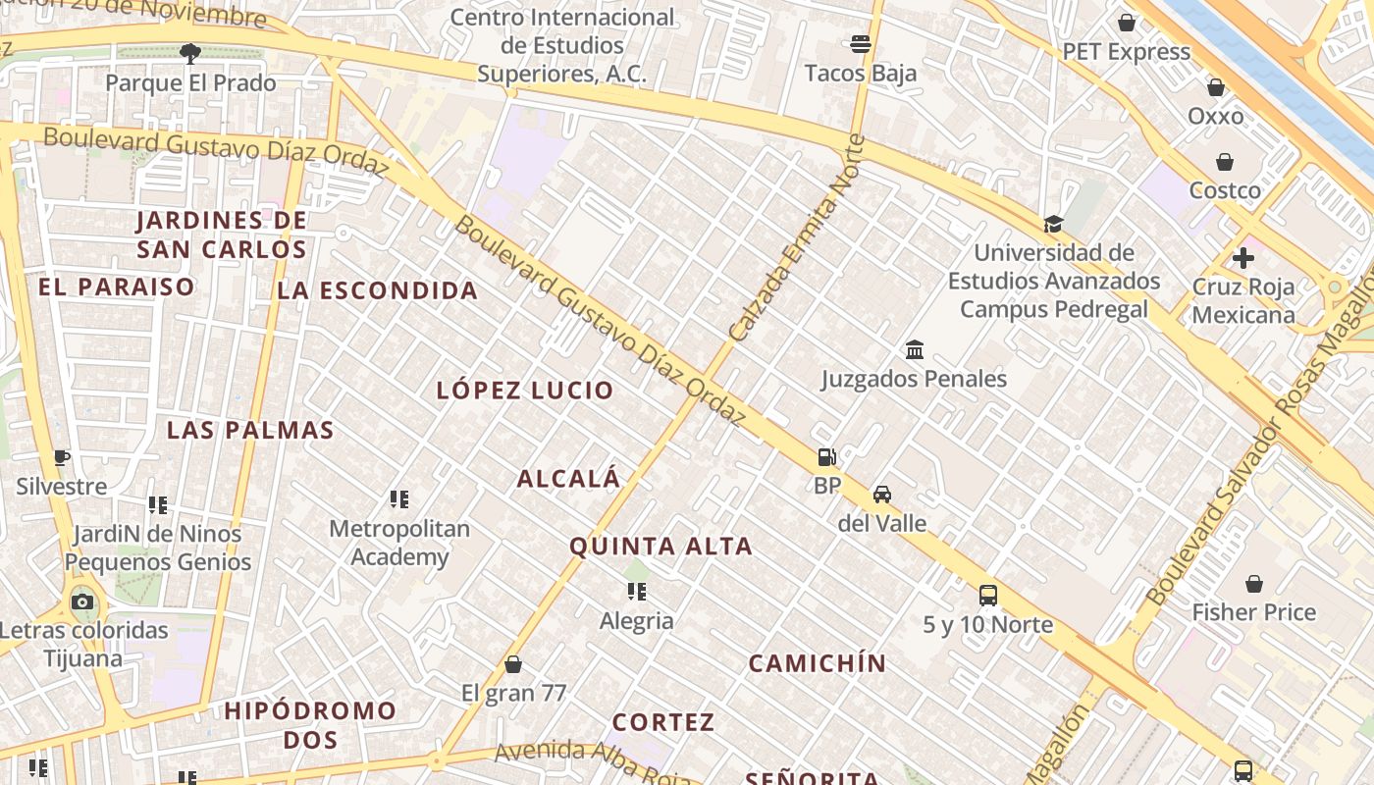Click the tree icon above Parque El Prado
[190, 53]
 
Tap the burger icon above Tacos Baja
[861, 43]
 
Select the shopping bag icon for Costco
[1225, 162]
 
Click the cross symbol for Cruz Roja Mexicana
[1243, 258]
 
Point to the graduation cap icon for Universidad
[1054, 224]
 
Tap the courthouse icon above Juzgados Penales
[915, 349]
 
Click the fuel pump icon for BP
[827, 456]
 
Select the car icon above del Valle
[882, 494]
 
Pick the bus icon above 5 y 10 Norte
[988, 595]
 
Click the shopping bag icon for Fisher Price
[1254, 584]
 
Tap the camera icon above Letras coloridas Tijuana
[82, 602]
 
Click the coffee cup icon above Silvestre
[62, 457]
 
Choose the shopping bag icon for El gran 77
[513, 664]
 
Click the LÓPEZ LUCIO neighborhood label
[525, 390]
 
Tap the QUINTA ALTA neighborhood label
[661, 547]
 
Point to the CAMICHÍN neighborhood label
[817, 663]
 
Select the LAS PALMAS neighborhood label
[250, 430]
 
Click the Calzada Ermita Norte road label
[799, 239]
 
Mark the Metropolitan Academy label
[399, 543]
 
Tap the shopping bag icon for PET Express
[1127, 23]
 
